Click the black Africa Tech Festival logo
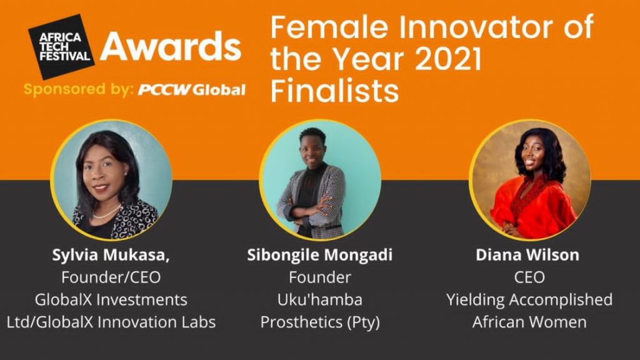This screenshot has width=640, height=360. [61, 47]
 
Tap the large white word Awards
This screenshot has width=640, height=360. [171, 46]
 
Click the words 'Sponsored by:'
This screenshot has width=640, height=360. [78, 89]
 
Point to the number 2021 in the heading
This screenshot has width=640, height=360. [448, 59]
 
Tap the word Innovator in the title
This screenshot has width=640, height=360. [476, 27]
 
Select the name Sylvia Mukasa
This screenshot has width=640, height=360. [111, 255]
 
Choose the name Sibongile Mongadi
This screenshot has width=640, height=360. [319, 255]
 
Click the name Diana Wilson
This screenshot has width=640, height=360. [527, 255]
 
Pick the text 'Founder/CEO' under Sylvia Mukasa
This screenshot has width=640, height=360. [111, 277]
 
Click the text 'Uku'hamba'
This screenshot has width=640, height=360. [319, 299]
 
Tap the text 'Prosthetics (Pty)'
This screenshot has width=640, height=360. [320, 322]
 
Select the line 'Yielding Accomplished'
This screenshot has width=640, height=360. [529, 300]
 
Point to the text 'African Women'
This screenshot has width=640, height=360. [529, 322]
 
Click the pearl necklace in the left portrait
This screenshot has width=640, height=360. [107, 213]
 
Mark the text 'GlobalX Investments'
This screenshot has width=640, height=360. [111, 299]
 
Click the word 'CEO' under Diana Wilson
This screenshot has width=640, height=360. [529, 277]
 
